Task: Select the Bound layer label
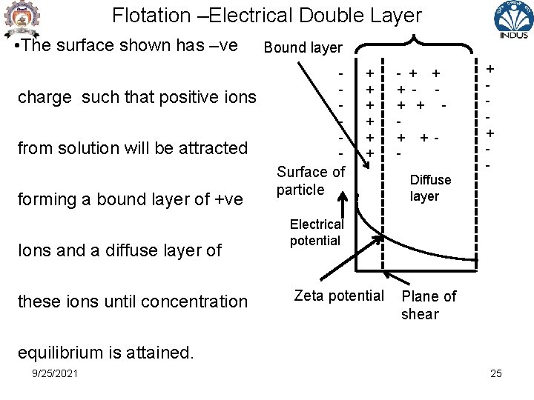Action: pos(303,48)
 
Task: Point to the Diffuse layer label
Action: pos(430,188)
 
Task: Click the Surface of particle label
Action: pos(310,181)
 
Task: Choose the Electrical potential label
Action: pos(317,233)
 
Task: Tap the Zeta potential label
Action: pos(339,296)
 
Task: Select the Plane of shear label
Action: pos(429,305)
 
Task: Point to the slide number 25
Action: pos(495,373)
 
